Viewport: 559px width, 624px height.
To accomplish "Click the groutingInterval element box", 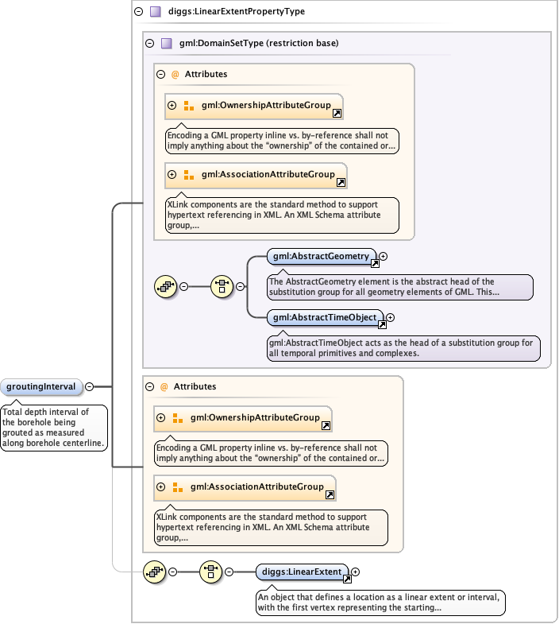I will pos(41,387).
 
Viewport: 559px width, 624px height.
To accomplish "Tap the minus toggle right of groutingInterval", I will pos(89,387).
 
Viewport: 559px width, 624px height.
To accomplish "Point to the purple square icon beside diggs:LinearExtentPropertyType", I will pos(156,12).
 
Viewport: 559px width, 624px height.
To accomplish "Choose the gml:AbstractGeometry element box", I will pos(321,256).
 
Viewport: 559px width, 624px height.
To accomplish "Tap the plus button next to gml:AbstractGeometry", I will pos(383,256).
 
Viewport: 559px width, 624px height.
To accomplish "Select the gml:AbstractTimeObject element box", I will pos(324,318).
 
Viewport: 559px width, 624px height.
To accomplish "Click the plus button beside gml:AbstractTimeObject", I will pos(390,318).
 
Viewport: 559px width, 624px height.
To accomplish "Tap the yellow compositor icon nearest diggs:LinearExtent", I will pos(210,572).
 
